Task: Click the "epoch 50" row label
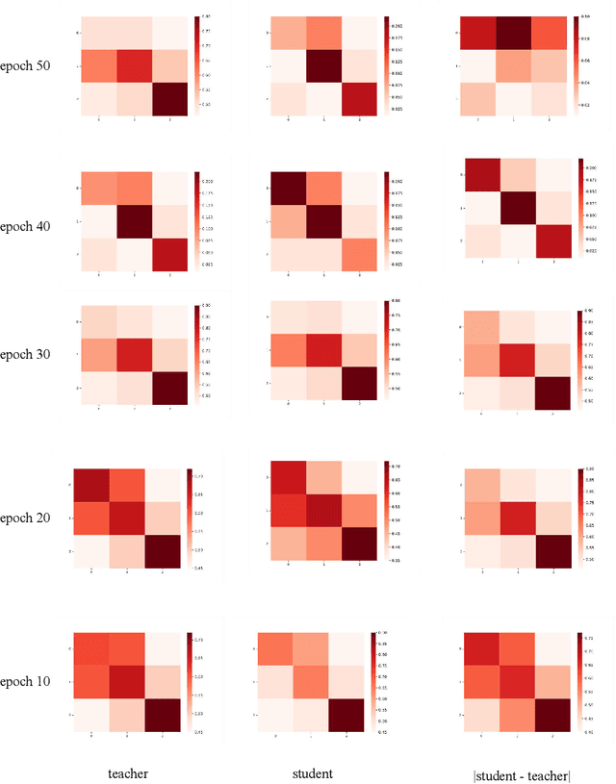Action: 31,65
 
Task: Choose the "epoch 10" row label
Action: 31,682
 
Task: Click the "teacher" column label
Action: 129,772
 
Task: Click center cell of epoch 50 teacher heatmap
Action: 134,65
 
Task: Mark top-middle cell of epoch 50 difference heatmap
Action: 515,33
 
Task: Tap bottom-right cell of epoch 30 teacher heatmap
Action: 166,389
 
